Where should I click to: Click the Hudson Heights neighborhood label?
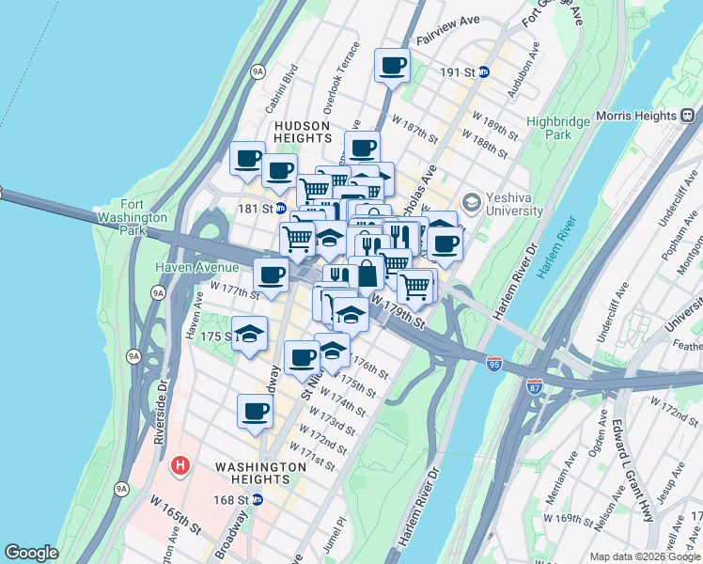pyautogui.click(x=302, y=132)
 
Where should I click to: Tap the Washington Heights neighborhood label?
pyautogui.click(x=260, y=473)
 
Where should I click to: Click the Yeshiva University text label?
pyautogui.click(x=514, y=204)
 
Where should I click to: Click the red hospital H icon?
pyautogui.click(x=180, y=465)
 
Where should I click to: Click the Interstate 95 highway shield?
pyautogui.click(x=494, y=363)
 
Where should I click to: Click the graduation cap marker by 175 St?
pyautogui.click(x=249, y=333)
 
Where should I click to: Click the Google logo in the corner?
pyautogui.click(x=31, y=553)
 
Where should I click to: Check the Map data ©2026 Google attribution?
pyautogui.click(x=644, y=556)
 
